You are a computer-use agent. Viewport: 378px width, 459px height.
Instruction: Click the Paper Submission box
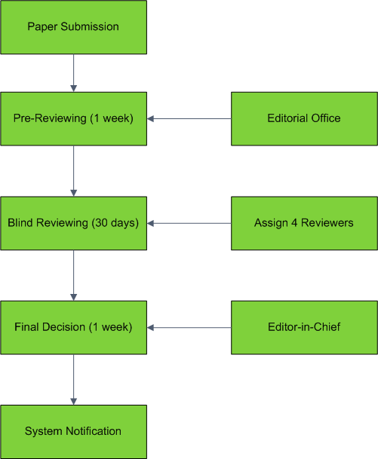click(73, 27)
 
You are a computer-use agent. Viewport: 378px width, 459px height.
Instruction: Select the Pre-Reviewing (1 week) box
click(73, 119)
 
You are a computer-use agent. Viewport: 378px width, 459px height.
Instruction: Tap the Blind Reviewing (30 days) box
click(73, 223)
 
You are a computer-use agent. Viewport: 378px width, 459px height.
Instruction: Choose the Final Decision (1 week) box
click(73, 328)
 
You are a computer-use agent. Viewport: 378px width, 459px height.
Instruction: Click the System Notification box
click(73, 432)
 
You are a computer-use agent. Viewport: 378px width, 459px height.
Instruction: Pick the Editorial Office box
click(304, 119)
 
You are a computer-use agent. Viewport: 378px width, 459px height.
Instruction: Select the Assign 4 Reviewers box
click(304, 223)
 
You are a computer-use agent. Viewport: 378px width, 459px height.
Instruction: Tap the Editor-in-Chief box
click(304, 328)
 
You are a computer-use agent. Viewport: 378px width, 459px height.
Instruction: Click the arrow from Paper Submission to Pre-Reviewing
click(73, 73)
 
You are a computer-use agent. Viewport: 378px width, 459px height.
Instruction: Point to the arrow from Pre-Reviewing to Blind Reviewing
click(73, 171)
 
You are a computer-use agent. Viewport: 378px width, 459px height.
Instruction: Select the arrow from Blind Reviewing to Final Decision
click(73, 275)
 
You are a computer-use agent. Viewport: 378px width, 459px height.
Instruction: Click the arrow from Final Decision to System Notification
click(73, 380)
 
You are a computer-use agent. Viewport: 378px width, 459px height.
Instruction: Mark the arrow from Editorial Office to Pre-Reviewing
click(189, 119)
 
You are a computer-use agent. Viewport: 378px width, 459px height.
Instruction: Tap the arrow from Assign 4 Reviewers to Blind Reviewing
click(189, 223)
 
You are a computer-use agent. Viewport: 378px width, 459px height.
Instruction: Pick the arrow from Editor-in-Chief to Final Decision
click(189, 328)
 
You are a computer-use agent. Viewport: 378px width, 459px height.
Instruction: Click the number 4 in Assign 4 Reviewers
click(294, 223)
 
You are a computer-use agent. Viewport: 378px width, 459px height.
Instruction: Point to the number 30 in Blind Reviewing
click(102, 223)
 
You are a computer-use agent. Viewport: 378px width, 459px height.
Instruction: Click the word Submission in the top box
click(90, 26)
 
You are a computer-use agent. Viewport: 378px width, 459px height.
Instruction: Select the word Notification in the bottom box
click(94, 431)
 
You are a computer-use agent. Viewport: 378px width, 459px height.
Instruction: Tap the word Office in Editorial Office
click(326, 118)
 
